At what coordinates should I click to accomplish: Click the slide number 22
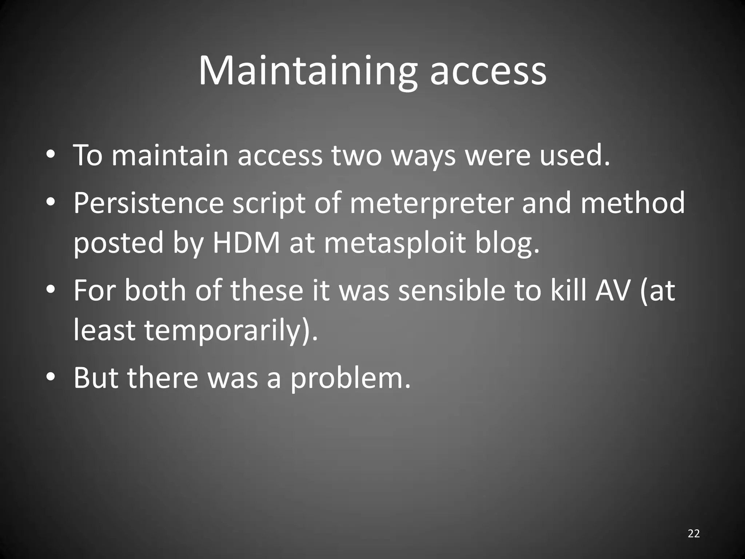pyautogui.click(x=694, y=534)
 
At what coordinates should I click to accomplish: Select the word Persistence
pyautogui.click(x=148, y=203)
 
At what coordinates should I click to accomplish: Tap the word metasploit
pyautogui.click(x=395, y=244)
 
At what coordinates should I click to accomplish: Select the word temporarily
pyautogui.click(x=224, y=331)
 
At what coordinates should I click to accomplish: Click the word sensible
pyautogui.click(x=452, y=291)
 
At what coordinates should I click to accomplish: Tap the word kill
pyautogui.click(x=569, y=291)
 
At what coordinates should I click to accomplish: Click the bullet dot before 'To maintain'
pyautogui.click(x=51, y=155)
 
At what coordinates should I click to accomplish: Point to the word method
pyautogui.click(x=633, y=203)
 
